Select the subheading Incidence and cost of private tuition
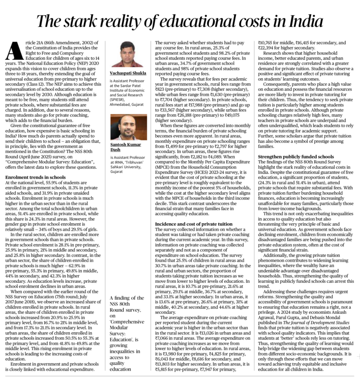[193, 224]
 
